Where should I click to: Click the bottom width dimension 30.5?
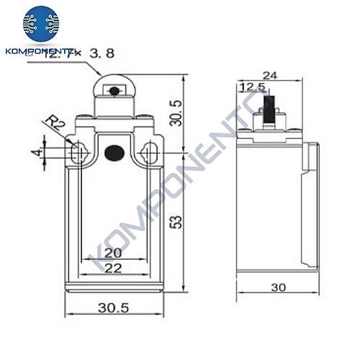pyautogui.click(x=114, y=308)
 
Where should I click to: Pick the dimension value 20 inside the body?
pyautogui.click(x=113, y=253)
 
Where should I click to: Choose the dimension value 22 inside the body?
pyautogui.click(x=113, y=267)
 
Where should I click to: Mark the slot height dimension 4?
pyautogui.click(x=34, y=153)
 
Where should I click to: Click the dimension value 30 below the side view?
pyautogui.click(x=278, y=287)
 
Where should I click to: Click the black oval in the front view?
pyautogui.click(x=114, y=153)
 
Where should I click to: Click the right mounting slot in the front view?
pyautogui.click(x=150, y=153)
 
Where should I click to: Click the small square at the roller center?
pyautogui.click(x=113, y=91)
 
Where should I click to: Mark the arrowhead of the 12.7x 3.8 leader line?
pyautogui.click(x=102, y=76)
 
